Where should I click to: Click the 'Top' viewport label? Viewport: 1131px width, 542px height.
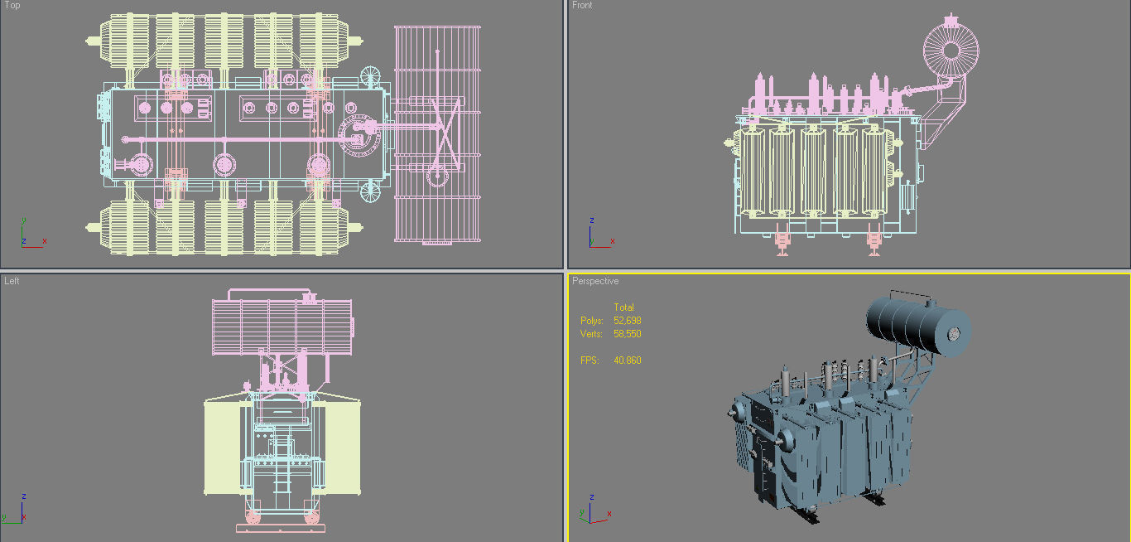(x=12, y=6)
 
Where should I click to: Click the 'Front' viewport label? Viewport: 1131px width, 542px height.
(x=582, y=6)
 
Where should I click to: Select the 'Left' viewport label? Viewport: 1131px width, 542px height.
(x=12, y=281)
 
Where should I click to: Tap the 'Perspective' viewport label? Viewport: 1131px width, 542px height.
(x=595, y=281)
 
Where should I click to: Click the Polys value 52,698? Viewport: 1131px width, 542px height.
(x=627, y=321)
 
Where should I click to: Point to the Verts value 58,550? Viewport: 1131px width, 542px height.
(x=627, y=334)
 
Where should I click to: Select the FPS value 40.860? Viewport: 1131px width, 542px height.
(x=627, y=361)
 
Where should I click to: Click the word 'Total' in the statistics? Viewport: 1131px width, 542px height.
(x=623, y=307)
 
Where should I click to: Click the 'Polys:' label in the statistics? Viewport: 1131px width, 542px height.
(x=591, y=321)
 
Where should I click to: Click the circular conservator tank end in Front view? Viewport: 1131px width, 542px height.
(x=951, y=50)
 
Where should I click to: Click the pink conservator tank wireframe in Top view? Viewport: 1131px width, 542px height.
(x=436, y=133)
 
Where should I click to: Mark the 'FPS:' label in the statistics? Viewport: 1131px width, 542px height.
(x=589, y=361)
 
